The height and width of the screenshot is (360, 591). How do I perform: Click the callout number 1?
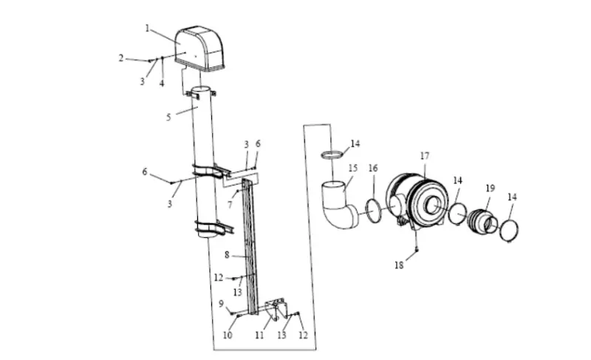[x=147, y=28]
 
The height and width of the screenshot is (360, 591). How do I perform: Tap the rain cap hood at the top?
[x=199, y=48]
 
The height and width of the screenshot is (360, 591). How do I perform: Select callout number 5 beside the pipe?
[x=168, y=118]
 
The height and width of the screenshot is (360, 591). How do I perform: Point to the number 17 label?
[x=425, y=156]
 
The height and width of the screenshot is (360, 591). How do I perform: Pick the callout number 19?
[x=490, y=188]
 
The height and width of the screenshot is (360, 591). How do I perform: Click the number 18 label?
[x=399, y=265]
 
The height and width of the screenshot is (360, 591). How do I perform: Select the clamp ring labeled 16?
[x=374, y=211]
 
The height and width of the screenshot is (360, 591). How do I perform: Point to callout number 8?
[x=227, y=255]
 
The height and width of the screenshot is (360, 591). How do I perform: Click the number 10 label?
[x=228, y=335]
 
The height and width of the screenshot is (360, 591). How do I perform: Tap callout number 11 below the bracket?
[x=259, y=335]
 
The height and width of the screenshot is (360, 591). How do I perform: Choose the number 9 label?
[x=221, y=304]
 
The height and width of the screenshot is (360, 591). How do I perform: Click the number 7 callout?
[x=230, y=205]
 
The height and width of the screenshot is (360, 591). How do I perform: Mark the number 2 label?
[x=121, y=58]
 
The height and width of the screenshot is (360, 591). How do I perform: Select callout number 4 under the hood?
[x=162, y=84]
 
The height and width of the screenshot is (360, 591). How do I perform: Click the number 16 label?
[x=373, y=168]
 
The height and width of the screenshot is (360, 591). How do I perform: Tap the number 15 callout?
[x=353, y=168]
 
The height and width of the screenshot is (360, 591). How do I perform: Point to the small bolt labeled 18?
[x=417, y=249]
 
